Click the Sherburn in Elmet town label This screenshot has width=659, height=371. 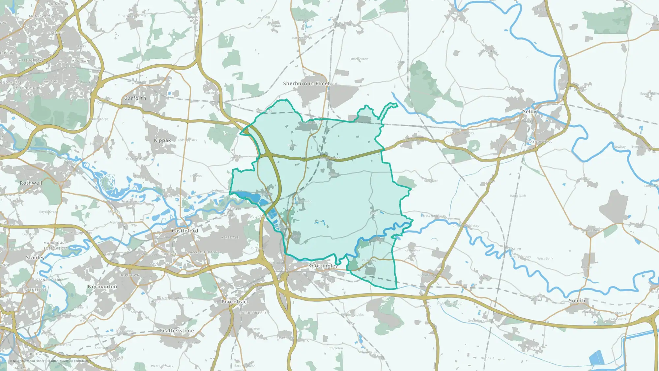(x=306, y=84)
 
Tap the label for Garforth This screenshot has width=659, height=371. (x=135, y=98)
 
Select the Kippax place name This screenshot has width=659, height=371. (x=162, y=140)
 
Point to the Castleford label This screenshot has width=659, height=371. (x=185, y=231)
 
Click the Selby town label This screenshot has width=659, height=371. (x=530, y=112)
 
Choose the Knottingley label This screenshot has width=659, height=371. (x=323, y=266)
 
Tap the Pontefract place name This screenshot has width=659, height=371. (x=235, y=302)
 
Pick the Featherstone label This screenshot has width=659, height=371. (x=177, y=331)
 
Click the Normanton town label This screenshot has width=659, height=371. (x=102, y=287)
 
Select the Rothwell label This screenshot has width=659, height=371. (x=31, y=183)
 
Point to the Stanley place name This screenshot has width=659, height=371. (x=35, y=258)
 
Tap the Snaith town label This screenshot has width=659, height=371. (x=577, y=301)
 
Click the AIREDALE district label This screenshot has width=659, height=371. (x=230, y=237)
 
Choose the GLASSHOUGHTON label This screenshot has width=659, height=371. (x=202, y=252)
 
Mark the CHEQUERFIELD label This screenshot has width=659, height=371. (x=253, y=313)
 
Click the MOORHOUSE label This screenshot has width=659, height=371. (x=55, y=243)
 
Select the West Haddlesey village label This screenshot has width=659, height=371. (x=434, y=216)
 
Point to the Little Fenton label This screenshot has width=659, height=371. (x=359, y=59)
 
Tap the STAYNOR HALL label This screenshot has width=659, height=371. (x=539, y=142)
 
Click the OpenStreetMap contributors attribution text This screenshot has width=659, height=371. (x=71, y=361)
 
